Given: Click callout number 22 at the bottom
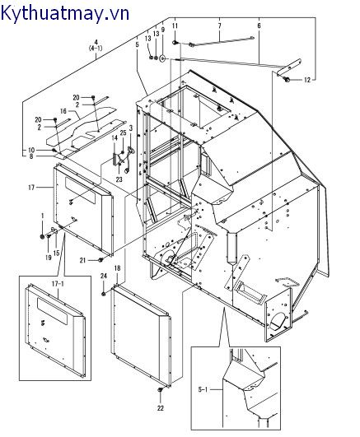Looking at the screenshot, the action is click(x=160, y=408).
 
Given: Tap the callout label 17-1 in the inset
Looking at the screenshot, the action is click(x=58, y=284).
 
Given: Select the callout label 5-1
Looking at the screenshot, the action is click(x=203, y=389).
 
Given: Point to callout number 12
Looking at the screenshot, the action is click(x=307, y=81).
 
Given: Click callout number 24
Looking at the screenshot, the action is click(x=104, y=277).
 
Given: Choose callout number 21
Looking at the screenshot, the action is click(x=82, y=261).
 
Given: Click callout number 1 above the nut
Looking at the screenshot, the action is click(x=42, y=216).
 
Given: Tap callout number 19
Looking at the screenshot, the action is click(x=49, y=258).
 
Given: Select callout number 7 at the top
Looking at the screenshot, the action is click(x=220, y=26).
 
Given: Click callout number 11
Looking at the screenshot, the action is click(x=175, y=26).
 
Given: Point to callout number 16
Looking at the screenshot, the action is click(x=63, y=111).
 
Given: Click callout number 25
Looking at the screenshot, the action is click(x=123, y=133).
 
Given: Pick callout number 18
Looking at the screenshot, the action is click(x=118, y=268).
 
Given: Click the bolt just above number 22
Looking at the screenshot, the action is click(x=161, y=389).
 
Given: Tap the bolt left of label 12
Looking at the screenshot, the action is click(x=287, y=80).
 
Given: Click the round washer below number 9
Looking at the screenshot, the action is click(x=162, y=59).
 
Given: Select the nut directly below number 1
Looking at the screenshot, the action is click(x=42, y=237).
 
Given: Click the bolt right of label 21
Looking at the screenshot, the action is click(x=101, y=260).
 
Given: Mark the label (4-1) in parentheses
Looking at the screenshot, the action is click(x=96, y=49).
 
